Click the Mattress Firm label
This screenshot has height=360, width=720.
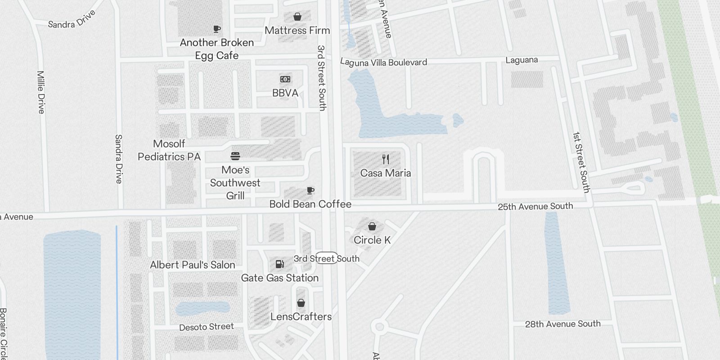point(297,31)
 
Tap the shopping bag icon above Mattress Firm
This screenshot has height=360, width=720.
point(297,17)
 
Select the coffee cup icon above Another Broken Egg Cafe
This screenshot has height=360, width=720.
point(217,29)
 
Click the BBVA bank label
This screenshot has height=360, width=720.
point(285,93)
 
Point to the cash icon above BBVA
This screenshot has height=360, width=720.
point(285,79)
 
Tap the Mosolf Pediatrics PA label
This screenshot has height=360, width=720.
point(169,150)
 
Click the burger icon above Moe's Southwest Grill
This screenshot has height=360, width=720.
point(235,156)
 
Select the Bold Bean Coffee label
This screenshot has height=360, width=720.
point(310,204)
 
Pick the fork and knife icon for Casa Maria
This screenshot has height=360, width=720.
point(385,159)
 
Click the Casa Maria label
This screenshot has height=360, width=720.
point(385,173)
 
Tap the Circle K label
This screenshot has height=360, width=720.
point(372,240)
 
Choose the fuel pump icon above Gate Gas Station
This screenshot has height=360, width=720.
point(279,264)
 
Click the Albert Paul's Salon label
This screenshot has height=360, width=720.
point(193,265)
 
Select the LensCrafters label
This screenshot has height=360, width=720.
point(301,317)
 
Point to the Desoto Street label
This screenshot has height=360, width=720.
point(207,327)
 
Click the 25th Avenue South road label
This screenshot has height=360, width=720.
point(535,207)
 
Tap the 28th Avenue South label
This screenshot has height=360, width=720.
point(562,324)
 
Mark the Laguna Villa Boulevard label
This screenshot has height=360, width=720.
point(383,62)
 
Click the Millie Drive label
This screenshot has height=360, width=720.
point(41,92)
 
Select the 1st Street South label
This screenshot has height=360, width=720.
point(581,162)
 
